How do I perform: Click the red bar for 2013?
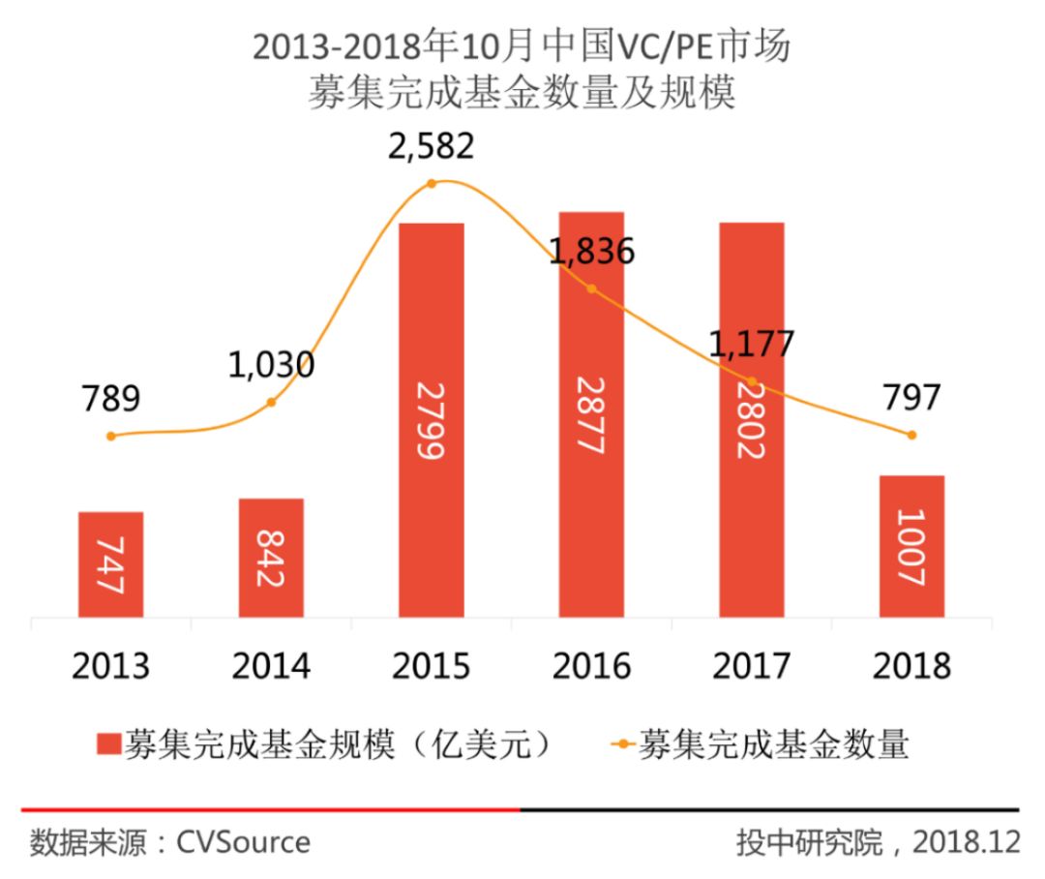coord(111,564)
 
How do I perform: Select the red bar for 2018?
coord(911,546)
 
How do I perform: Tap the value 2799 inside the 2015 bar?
coord(432,420)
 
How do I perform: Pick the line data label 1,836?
coord(592,253)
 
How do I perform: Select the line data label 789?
coord(110,398)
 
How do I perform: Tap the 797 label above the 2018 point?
coord(911,398)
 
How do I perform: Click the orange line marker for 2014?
coord(272,402)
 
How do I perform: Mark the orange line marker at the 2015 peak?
coord(432,183)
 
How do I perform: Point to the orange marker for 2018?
coord(911,435)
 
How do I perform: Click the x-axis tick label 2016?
coord(591,667)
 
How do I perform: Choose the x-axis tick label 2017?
coord(751,667)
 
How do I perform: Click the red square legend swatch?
coord(108,745)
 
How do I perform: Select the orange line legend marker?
coord(622,745)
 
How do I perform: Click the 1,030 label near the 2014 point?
coord(272,365)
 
